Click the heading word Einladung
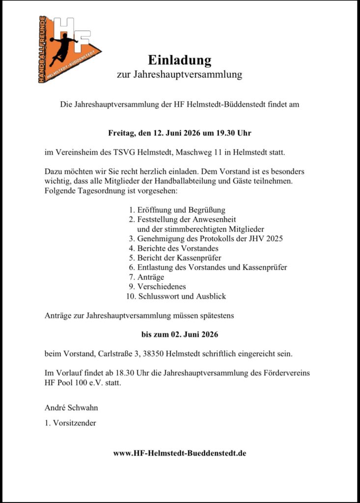[x=180, y=60]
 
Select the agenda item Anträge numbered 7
[x=147, y=277]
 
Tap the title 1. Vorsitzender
[x=70, y=423]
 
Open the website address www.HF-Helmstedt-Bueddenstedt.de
[x=180, y=453]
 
